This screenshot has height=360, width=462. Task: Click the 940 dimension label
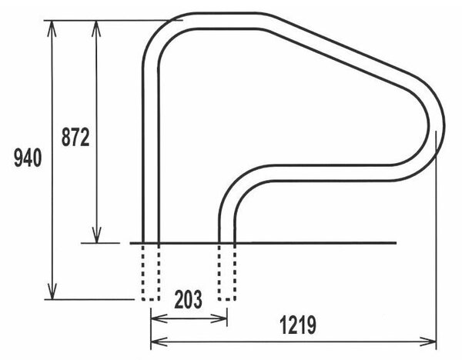click(28, 158)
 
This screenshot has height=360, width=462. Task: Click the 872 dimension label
click(75, 137)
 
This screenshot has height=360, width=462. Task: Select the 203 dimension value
click(189, 299)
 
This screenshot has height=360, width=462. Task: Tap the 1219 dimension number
click(298, 325)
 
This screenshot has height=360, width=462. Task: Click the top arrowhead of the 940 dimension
click(52, 29)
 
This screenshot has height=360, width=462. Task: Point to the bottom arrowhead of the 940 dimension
click(52, 292)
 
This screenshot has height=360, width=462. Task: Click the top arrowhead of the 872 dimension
click(96, 29)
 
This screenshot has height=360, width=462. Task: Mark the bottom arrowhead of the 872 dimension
click(96, 235)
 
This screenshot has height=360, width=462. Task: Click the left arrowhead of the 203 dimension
click(159, 318)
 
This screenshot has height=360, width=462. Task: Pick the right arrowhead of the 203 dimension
click(219, 318)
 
